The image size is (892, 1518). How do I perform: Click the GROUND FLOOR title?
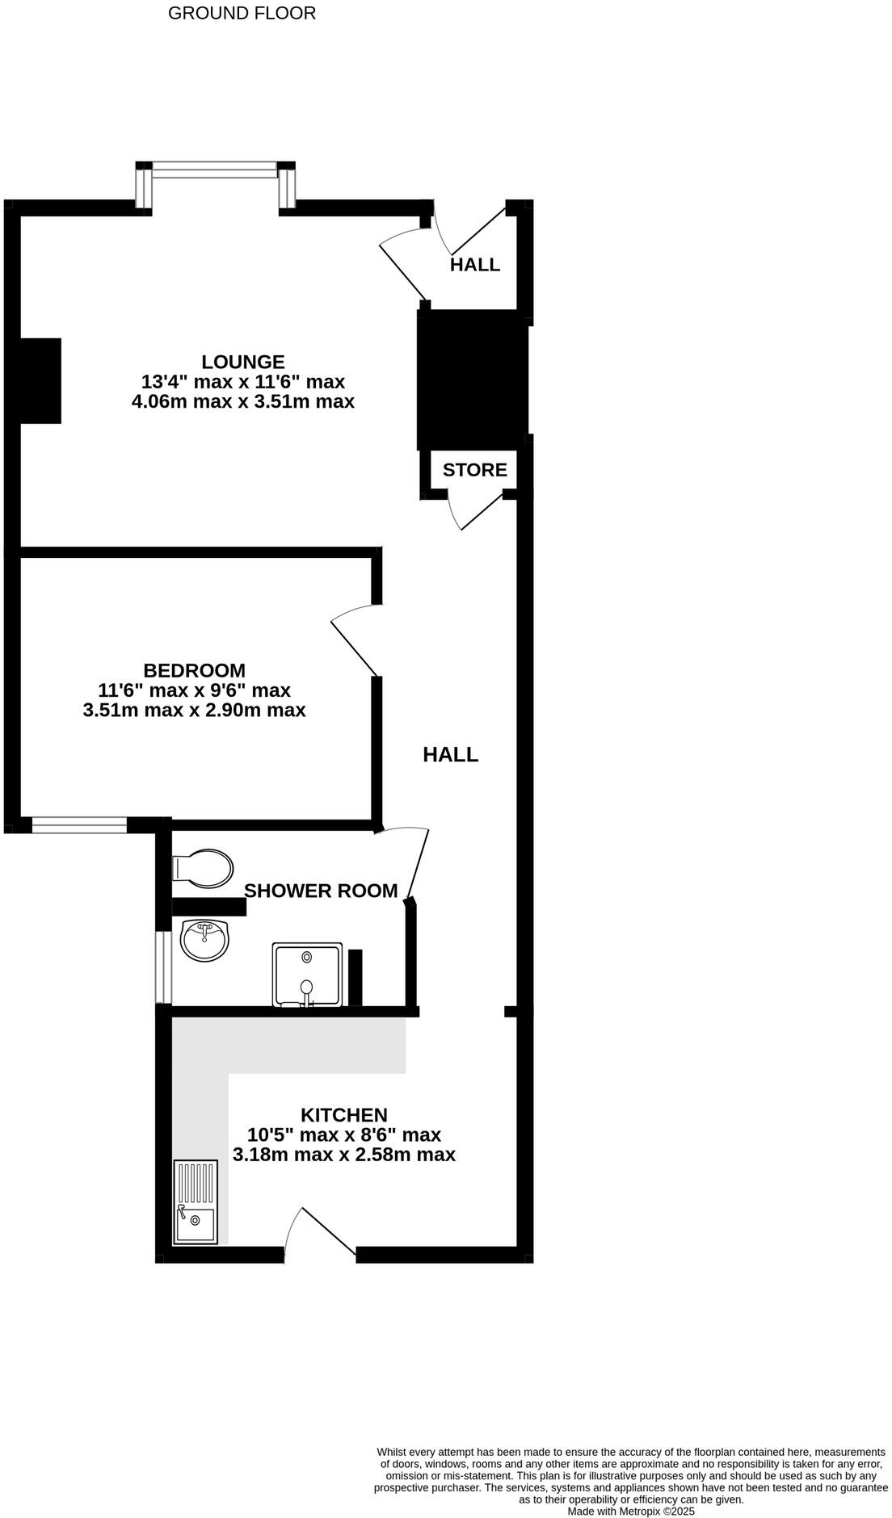point(242,13)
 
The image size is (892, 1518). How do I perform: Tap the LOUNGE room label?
point(243,362)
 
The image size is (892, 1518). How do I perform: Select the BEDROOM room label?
point(194,670)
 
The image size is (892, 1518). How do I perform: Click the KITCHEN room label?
point(344,1115)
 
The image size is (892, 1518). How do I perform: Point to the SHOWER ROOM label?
point(321,891)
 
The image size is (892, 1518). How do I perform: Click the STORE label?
point(475,470)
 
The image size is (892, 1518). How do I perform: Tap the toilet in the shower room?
point(202,868)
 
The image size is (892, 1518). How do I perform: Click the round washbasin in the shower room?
point(204,940)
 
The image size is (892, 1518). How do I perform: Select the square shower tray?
point(307,975)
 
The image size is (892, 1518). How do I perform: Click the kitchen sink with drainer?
point(196,1201)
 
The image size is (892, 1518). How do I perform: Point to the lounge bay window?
point(214,170)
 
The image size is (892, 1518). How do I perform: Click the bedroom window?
point(79,824)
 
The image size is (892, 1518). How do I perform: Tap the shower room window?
point(163,967)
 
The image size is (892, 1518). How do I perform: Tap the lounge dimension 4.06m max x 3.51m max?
point(243,401)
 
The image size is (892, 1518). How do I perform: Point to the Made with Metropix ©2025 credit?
point(631,1511)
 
